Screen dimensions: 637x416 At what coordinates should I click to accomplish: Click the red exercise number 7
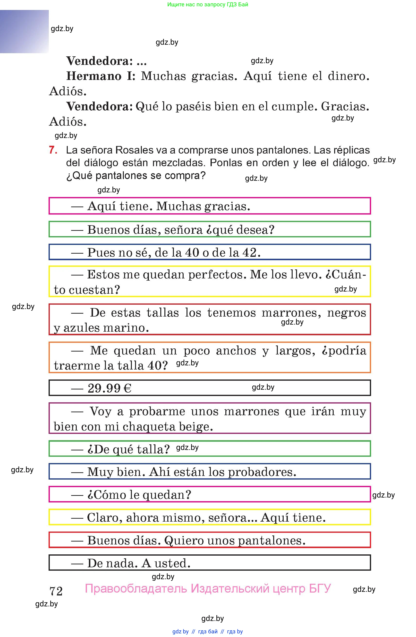(53, 150)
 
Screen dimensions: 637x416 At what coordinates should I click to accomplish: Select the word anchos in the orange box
(236, 351)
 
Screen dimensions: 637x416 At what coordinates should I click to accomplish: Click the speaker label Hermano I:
(101, 76)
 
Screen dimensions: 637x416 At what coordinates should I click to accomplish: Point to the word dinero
(348, 76)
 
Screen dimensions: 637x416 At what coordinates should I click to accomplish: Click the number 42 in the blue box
(251, 252)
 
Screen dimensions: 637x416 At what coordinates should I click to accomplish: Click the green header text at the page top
(208, 5)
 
